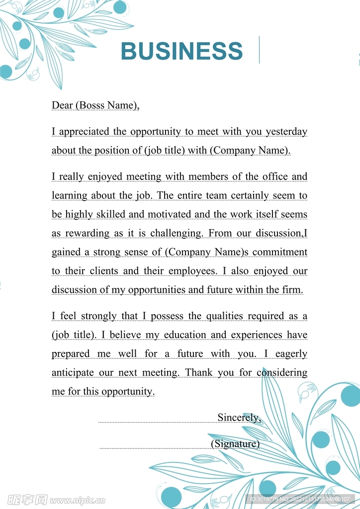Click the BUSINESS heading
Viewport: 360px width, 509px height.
pyautogui.click(x=181, y=51)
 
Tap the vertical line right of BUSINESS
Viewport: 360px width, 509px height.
pyautogui.click(x=259, y=50)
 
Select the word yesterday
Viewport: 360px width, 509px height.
pyautogui.click(x=286, y=132)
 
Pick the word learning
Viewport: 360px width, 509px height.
pyautogui.click(x=69, y=195)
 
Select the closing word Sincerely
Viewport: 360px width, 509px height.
pyautogui.click(x=239, y=418)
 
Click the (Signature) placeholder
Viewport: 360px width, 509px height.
pyautogui.click(x=235, y=443)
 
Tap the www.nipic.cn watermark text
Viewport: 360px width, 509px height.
pyautogui.click(x=78, y=500)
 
